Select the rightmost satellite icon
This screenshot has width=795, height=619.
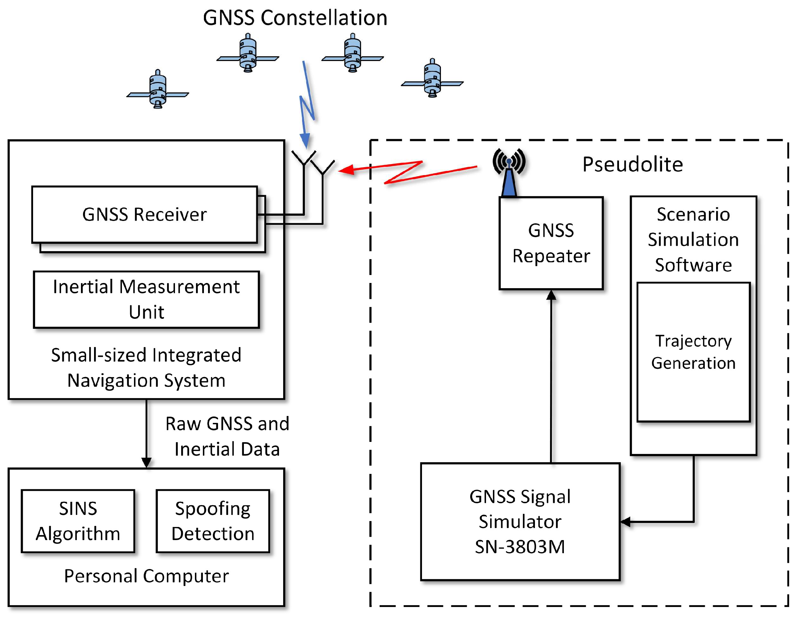tap(432, 79)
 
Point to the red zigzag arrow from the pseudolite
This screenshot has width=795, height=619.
tap(404, 172)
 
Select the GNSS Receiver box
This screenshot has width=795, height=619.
tap(145, 214)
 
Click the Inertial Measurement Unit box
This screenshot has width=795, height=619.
tap(146, 299)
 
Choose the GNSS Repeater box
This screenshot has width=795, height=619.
tap(551, 243)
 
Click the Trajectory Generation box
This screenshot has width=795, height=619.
tap(693, 352)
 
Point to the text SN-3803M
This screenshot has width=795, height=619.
tap(520, 547)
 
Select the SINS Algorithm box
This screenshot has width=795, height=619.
tap(78, 521)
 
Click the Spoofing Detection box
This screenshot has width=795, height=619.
tap(213, 521)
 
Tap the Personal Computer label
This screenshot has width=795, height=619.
tap(146, 576)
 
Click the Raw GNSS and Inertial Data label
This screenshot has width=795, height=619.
tap(227, 436)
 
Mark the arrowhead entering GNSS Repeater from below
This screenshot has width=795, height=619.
tap(551, 295)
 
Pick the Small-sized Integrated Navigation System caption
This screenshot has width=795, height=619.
tap(146, 368)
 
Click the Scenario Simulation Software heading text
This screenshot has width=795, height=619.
tap(693, 240)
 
